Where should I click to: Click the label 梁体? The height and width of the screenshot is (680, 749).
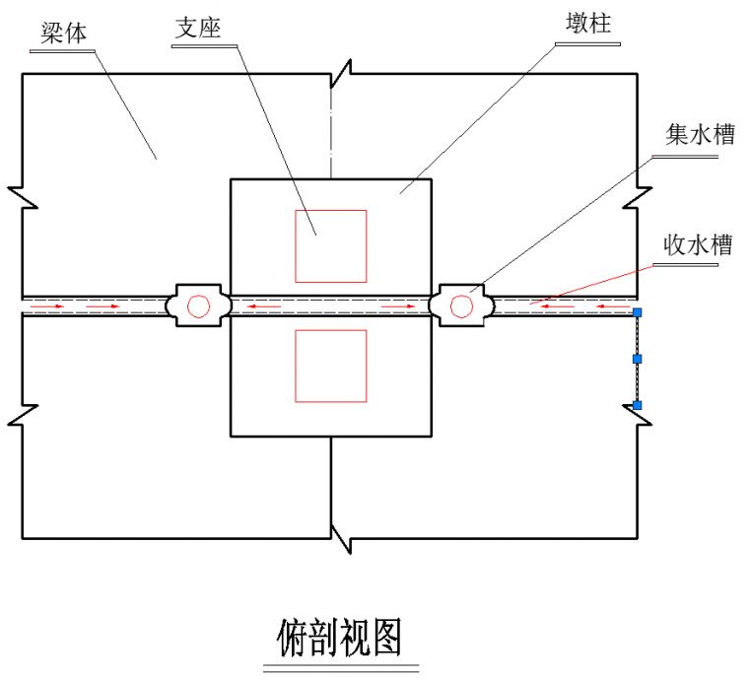(x=64, y=33)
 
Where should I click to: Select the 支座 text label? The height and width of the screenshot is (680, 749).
(x=197, y=27)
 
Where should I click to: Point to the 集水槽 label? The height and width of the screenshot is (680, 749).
(x=700, y=135)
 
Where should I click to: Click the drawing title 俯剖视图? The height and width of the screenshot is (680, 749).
(x=340, y=638)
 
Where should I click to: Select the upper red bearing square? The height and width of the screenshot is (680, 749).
(x=331, y=246)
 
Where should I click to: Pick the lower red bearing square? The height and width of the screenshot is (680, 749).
(x=331, y=366)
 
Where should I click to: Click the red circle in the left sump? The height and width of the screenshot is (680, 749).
(x=199, y=306)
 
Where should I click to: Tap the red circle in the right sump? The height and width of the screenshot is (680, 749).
(x=460, y=306)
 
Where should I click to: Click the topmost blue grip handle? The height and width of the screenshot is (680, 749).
(x=638, y=312)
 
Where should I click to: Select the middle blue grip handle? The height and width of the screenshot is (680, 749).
(x=638, y=359)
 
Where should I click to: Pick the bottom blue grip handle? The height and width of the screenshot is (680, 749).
(x=638, y=405)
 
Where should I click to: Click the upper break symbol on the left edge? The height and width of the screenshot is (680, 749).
(x=22, y=194)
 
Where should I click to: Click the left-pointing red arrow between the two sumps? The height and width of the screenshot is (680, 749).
(x=257, y=306)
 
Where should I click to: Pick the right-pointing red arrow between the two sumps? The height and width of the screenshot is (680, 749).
(x=397, y=306)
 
